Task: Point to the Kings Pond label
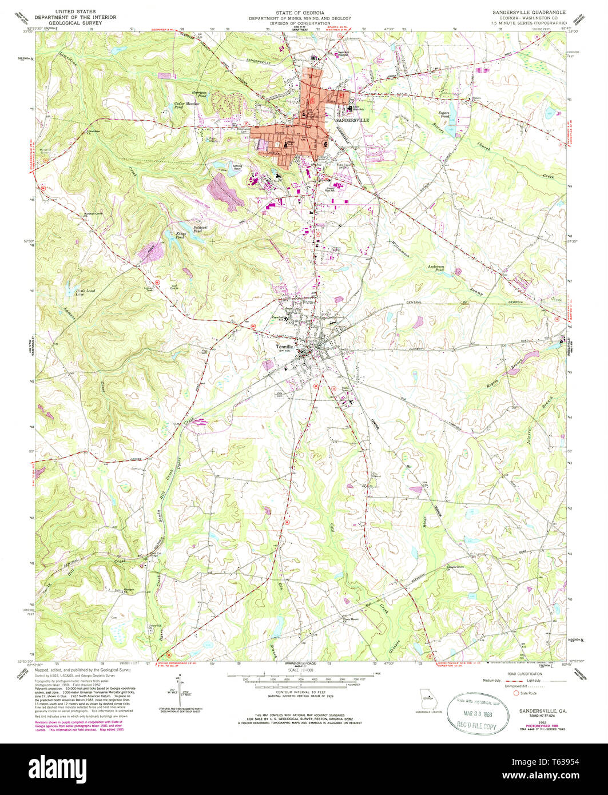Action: [181, 234]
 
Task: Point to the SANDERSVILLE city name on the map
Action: [352, 121]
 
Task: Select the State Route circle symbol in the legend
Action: [516, 693]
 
